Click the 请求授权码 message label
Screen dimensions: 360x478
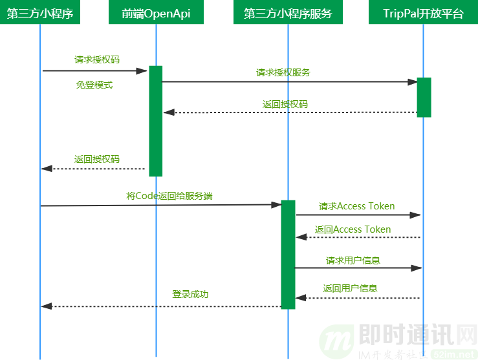point(97,59)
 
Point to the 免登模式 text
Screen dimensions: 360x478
point(94,85)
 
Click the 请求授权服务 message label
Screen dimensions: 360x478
point(283,72)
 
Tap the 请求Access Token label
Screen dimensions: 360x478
point(356,206)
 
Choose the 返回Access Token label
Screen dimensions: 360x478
point(353,229)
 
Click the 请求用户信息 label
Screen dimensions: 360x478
point(353,260)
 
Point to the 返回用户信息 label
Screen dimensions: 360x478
point(350,288)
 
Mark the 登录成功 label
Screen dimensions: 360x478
point(190,294)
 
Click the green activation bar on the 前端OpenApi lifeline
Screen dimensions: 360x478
point(155,120)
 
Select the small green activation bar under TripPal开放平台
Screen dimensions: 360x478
point(424,97)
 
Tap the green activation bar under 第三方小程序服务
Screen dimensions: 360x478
point(288,254)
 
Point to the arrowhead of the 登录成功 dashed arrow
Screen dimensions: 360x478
point(46,306)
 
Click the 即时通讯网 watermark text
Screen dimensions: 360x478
point(414,335)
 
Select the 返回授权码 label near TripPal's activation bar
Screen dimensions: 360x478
point(285,103)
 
